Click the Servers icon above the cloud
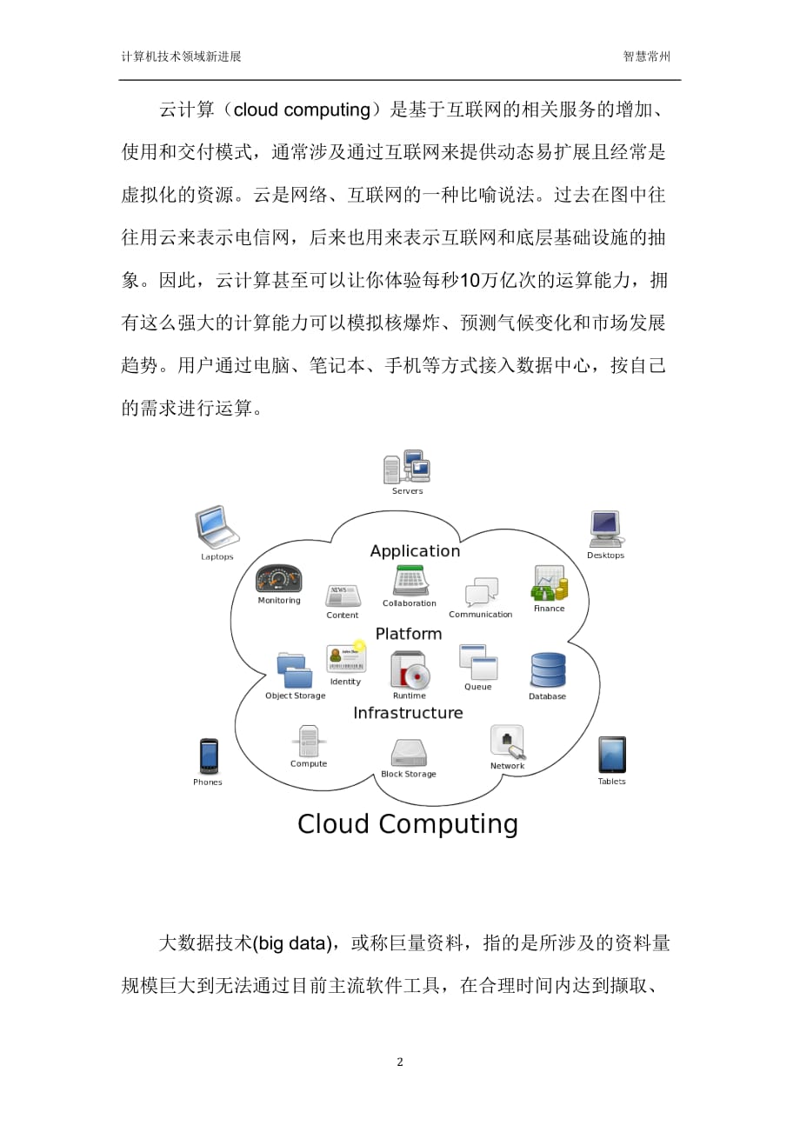pyautogui.click(x=407, y=466)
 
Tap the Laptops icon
pyautogui.click(x=217, y=527)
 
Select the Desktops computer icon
pyautogui.click(x=606, y=529)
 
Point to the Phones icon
pyautogui.click(x=208, y=756)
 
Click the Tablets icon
pyautogui.click(x=612, y=755)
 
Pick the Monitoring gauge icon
pyautogui.click(x=278, y=579)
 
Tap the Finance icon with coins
pyautogui.click(x=550, y=583)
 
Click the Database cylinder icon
pyautogui.click(x=548, y=670)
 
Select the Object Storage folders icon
pyautogui.click(x=295, y=670)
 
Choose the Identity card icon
pyautogui.click(x=346, y=658)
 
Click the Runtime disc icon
pyautogui.click(x=410, y=670)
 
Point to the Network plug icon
pyautogui.click(x=508, y=742)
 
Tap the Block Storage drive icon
pyautogui.click(x=409, y=753)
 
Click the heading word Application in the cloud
pyautogui.click(x=415, y=551)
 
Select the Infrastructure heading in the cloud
pyautogui.click(x=408, y=713)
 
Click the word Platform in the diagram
pyautogui.click(x=409, y=634)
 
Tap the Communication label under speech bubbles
pyautogui.click(x=481, y=615)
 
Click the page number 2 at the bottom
pyautogui.click(x=400, y=1062)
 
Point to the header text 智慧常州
pyautogui.click(x=646, y=57)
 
